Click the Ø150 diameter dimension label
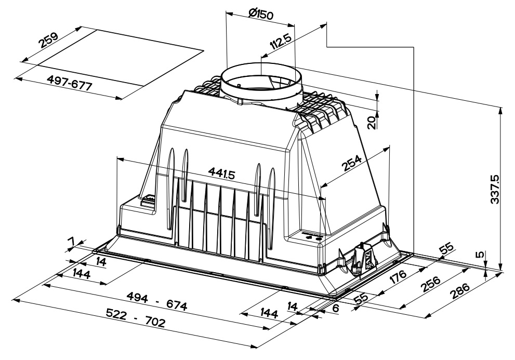tap(261, 14)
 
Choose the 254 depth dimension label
tap(353, 163)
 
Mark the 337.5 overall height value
tap(494, 189)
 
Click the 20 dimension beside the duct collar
tap(371, 123)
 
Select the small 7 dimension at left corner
tap(71, 242)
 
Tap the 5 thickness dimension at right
tap(481, 255)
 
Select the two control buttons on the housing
tap(314, 237)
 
